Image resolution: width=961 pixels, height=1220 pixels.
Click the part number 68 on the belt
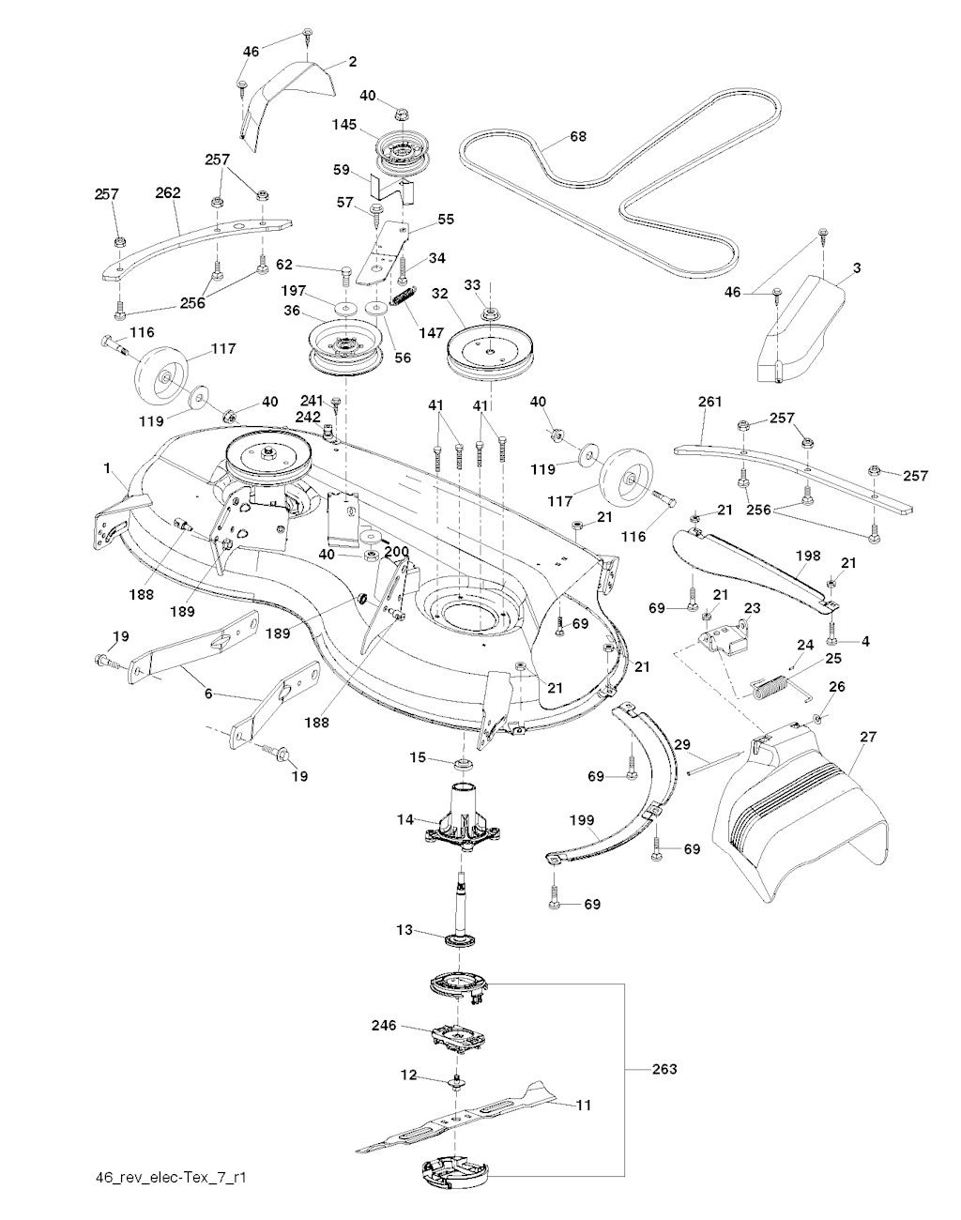click(x=578, y=137)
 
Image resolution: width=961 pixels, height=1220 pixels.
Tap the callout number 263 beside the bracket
click(x=664, y=1069)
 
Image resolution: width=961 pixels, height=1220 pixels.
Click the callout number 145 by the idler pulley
click(x=345, y=124)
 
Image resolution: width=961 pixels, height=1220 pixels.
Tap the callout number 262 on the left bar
click(x=168, y=193)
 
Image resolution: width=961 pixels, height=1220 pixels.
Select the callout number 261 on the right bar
click(x=710, y=402)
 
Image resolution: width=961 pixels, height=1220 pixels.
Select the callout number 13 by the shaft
click(x=404, y=930)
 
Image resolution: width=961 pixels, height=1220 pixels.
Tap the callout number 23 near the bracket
click(x=751, y=608)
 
